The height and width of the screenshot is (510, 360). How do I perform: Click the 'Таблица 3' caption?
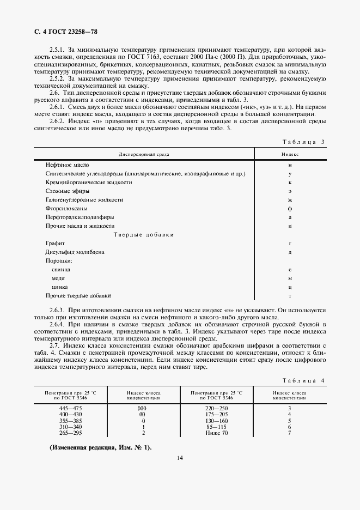coord(304,142)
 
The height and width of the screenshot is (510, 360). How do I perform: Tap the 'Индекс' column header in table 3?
coord(290,154)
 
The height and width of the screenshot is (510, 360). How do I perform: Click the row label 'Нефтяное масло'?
coord(68,165)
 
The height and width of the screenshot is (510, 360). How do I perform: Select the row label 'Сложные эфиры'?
coord(68,191)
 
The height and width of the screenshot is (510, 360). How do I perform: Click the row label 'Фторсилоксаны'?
coord(66,208)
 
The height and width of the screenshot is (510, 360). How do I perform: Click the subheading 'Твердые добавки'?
coord(144,234)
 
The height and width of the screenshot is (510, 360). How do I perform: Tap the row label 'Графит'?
coord(55,243)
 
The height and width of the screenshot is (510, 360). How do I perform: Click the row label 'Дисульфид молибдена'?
coord(75,252)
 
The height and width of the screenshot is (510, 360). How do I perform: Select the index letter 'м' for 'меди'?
coord(290,278)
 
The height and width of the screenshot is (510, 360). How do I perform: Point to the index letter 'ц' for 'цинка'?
coord(290,287)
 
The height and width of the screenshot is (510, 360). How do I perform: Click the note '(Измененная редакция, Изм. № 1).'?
coord(101,447)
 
